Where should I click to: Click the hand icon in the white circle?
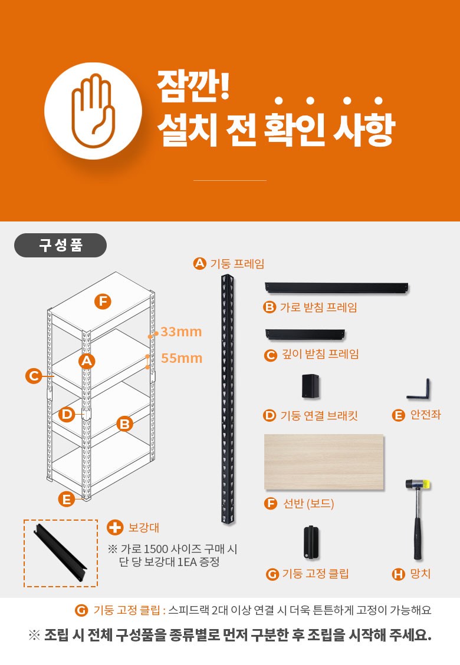click(x=93, y=111)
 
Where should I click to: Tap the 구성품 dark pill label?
click(x=60, y=245)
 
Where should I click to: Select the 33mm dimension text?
click(x=182, y=332)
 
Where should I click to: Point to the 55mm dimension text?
click(x=182, y=358)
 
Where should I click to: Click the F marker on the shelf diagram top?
click(x=103, y=302)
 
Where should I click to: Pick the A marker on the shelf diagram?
click(x=87, y=361)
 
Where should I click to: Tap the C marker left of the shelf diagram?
click(x=34, y=376)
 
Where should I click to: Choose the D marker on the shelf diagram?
click(x=67, y=414)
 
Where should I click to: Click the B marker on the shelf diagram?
click(x=124, y=424)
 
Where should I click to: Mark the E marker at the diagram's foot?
click(x=67, y=499)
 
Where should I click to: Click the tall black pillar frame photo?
click(x=228, y=399)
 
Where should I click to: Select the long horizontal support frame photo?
click(x=336, y=288)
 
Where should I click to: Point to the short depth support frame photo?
click(x=305, y=334)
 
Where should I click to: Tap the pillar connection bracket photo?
click(x=310, y=386)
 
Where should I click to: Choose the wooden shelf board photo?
click(x=324, y=462)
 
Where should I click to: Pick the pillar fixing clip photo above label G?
click(x=311, y=543)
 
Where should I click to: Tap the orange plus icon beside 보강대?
click(x=115, y=528)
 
